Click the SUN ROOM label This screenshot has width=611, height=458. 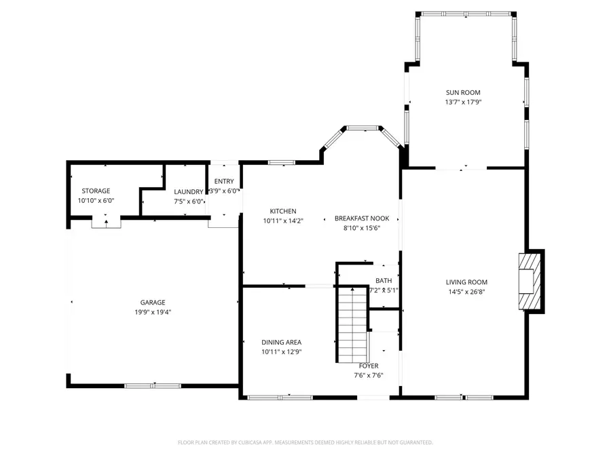click(x=463, y=92)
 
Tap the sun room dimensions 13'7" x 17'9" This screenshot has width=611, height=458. click(x=463, y=102)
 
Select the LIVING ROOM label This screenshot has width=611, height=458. click(x=466, y=282)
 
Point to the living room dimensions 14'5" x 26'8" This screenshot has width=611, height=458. click(x=466, y=292)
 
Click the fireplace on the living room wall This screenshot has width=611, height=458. click(x=529, y=282)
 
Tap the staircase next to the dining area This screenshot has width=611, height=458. click(x=352, y=324)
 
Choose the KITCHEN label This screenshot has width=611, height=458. click(x=282, y=211)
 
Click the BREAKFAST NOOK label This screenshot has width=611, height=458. click(x=361, y=218)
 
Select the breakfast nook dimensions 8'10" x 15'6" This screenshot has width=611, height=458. click(x=361, y=228)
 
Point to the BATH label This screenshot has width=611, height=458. click(x=384, y=281)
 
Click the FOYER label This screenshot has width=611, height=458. click(x=369, y=366)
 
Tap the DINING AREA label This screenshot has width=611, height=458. click(x=281, y=342)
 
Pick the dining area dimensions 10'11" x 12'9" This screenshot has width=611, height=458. click(x=281, y=351)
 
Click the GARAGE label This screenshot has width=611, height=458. click(x=153, y=303)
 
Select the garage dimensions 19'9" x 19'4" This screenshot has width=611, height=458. click(x=153, y=312)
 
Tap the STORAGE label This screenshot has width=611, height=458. click(x=96, y=191)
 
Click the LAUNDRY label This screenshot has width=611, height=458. click(x=188, y=192)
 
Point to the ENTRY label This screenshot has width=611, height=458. click(x=224, y=181)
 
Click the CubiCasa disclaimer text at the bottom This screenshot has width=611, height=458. click(x=305, y=442)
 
